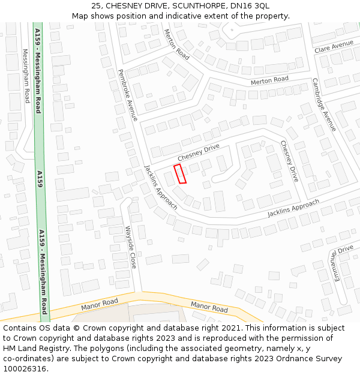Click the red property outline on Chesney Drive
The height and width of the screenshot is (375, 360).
(x=180, y=173)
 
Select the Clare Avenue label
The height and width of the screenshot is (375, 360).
(x=334, y=46)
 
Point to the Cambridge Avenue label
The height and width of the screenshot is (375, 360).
(x=325, y=105)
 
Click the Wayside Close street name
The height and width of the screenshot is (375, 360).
(x=131, y=247)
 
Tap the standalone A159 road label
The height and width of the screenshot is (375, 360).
(x=40, y=181)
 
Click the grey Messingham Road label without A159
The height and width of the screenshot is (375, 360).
(x=26, y=76)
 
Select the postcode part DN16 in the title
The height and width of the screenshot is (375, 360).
(x=232, y=6)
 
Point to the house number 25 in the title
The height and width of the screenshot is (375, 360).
(x=97, y=6)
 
